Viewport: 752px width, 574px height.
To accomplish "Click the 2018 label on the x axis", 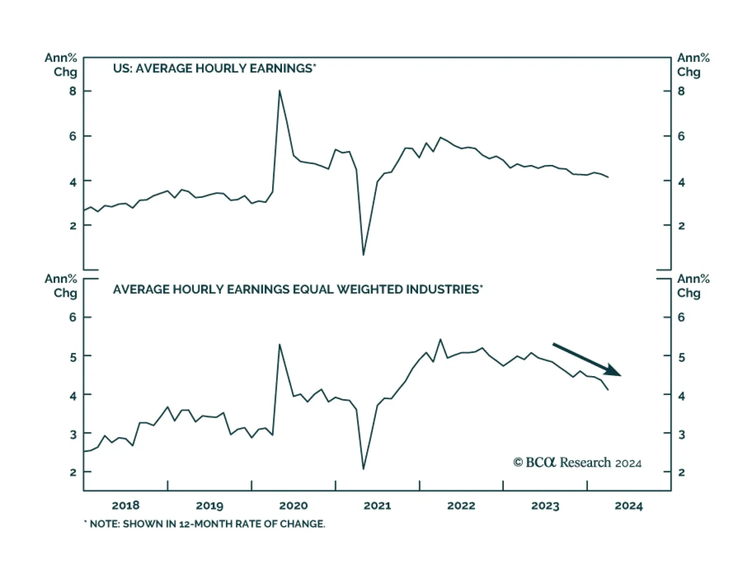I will pos(125,505).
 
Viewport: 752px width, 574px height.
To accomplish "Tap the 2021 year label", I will pos(377,505).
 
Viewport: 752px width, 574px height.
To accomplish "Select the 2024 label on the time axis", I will pos(628,505).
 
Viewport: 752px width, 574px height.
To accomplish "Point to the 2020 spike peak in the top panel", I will pos(280,91).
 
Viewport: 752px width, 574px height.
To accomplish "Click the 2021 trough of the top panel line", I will pos(363,255).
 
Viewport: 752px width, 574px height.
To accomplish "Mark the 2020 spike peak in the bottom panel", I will pos(280,345).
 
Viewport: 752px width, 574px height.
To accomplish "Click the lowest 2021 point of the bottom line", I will pos(363,469).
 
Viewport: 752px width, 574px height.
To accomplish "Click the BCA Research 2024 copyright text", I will pos(577,463).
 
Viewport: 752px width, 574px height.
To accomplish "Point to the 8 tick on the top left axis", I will pos(72,91).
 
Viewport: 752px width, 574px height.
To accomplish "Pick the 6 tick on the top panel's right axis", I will pos(681,136).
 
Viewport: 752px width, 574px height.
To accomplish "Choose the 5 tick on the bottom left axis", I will pos(72,357).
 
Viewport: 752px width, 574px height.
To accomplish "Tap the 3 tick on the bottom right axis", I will pos(681,434).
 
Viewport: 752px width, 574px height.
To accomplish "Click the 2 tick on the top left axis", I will pos(72,226).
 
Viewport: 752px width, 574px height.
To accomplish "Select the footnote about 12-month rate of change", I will pos(204,524).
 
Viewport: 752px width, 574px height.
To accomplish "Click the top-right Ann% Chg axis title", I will pos(693,65).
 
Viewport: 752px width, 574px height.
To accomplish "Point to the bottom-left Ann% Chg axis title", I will pos(61,286).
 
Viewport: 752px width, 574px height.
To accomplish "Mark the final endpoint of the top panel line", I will pos(608,177).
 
